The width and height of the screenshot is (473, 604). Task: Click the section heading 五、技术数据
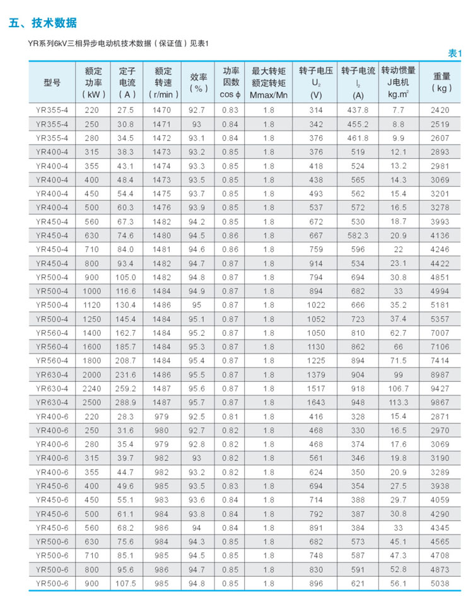tap(43, 23)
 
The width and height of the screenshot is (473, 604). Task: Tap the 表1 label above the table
tap(454, 54)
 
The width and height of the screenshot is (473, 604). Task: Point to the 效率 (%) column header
tap(199, 83)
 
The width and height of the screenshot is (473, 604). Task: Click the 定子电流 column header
tap(127, 83)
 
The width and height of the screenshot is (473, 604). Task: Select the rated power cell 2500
tap(93, 403)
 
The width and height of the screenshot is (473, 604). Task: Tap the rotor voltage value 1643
tap(316, 403)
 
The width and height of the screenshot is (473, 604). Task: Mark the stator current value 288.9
tap(127, 403)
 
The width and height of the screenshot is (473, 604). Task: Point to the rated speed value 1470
tap(162, 110)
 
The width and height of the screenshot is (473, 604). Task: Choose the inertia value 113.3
tap(398, 403)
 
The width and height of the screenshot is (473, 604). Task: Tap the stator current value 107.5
tap(127, 584)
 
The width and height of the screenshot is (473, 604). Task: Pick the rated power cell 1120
tap(93, 305)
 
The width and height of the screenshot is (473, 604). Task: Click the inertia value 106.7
tap(398, 389)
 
